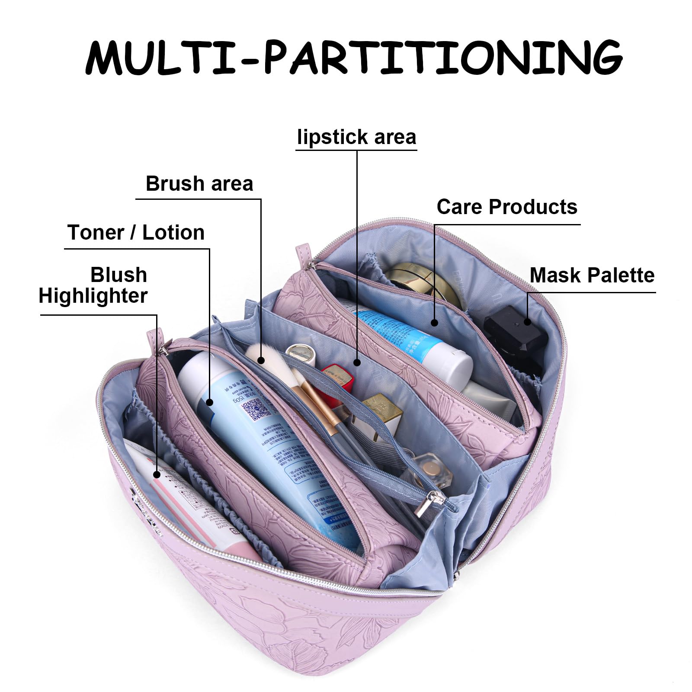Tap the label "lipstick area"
(356, 137)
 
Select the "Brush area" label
(199, 184)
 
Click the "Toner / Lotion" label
(136, 233)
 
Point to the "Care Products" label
(506, 207)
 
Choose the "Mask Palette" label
(592, 276)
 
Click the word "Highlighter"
(93, 296)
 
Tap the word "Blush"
(119, 275)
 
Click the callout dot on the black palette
(527, 321)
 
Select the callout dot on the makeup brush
(260, 360)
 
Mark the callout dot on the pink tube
(157, 475)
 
